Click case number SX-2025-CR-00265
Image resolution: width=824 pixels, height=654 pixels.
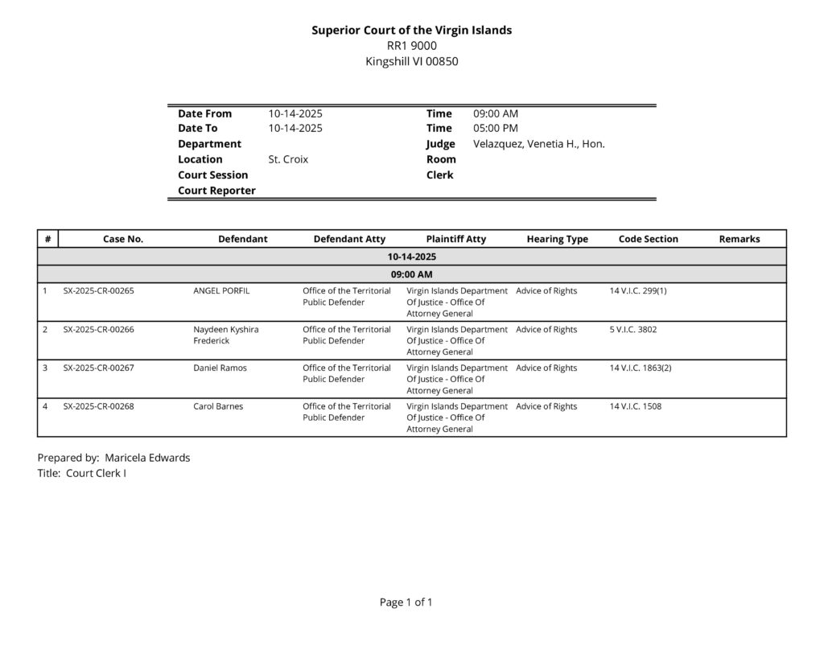[x=98, y=290]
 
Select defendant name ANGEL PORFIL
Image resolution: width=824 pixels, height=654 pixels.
[x=221, y=290]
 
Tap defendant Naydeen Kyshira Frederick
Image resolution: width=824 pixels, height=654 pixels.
[x=226, y=335]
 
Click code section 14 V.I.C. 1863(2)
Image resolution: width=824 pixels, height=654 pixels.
[x=641, y=368]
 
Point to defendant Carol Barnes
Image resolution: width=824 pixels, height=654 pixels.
[x=218, y=406]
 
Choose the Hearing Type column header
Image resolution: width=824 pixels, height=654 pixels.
[x=557, y=239]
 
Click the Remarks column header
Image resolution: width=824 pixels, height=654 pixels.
[x=739, y=239]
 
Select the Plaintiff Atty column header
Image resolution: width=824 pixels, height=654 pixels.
[x=455, y=239]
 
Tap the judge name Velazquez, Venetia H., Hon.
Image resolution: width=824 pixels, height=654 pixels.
[x=538, y=144]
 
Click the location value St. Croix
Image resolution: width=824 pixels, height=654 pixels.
[x=288, y=159]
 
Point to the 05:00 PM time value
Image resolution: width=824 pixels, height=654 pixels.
[x=495, y=128]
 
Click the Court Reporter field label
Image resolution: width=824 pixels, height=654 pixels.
[x=216, y=191]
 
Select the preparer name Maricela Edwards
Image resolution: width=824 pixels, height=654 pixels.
[x=147, y=458]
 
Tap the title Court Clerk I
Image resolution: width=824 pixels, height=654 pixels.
[x=96, y=473]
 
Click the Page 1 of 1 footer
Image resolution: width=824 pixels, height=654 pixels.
[x=406, y=602]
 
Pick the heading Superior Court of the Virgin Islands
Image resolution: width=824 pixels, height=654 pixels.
[x=411, y=30]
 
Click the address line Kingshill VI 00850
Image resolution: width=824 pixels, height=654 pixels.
[x=411, y=61]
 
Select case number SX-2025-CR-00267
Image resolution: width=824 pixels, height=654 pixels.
[x=98, y=368]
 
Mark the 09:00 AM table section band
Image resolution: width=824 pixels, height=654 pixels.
[x=411, y=274]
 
